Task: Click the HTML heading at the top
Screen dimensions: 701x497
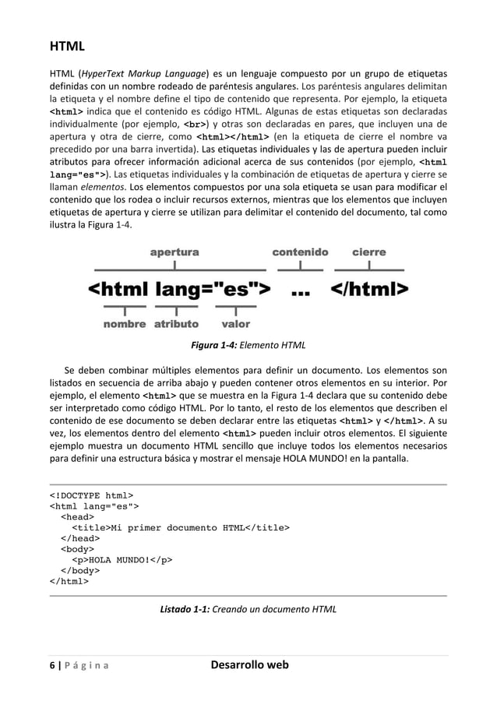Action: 67,47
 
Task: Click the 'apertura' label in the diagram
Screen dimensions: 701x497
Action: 174,252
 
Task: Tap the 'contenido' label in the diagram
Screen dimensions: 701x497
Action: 300,252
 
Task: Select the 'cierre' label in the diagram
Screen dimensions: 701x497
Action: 369,252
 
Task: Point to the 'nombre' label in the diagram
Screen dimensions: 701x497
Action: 125,324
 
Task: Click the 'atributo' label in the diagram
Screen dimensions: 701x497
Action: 176,324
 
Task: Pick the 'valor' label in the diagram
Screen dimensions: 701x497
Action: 235,324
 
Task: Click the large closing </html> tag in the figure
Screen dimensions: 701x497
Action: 369,291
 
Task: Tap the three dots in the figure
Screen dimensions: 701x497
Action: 301,292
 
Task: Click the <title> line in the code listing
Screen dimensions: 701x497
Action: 180,528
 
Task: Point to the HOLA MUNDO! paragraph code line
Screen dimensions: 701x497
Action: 122,558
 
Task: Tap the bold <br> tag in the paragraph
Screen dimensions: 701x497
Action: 196,124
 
